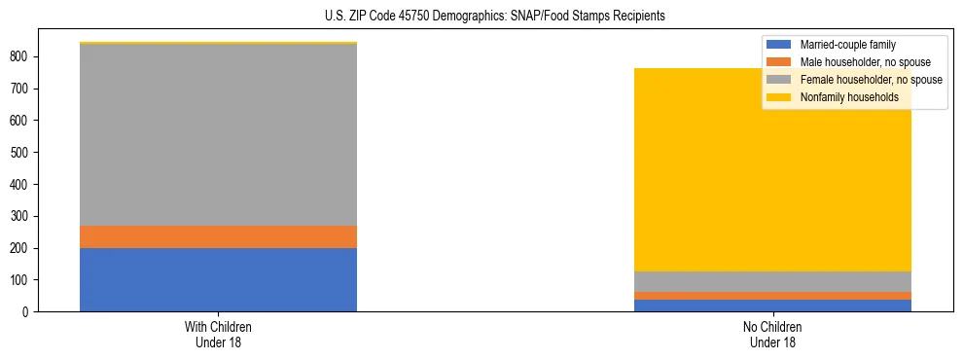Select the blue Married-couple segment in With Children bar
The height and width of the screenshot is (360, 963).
pos(218,279)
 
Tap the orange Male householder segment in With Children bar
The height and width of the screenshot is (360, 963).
pos(218,236)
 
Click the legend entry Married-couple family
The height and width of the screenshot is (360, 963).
pos(847,45)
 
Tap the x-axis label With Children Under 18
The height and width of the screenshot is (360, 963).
pos(218,334)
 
